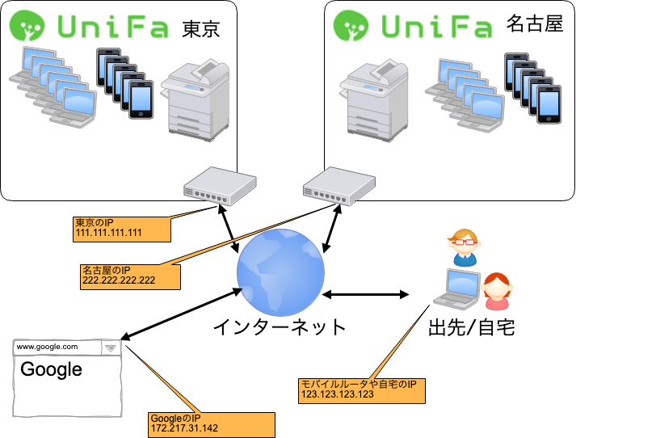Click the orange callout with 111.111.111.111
click(120, 229)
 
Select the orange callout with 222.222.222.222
click(128, 276)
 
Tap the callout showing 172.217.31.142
click(211, 423)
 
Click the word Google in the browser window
click(51, 370)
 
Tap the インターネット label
click(280, 327)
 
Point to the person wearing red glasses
click(464, 246)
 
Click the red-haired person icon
click(496, 291)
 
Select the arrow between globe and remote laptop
click(368, 294)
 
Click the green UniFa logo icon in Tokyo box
click(27, 26)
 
